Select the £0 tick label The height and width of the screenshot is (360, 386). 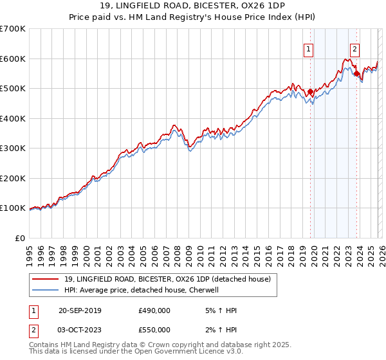click(x=21, y=238)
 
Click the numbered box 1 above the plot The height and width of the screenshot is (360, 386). click(x=309, y=49)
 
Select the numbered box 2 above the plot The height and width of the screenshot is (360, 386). click(x=354, y=49)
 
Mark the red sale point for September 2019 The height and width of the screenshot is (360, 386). click(x=310, y=92)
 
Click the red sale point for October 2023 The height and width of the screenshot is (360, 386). click(x=356, y=74)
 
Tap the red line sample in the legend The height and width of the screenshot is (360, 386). click(x=46, y=279)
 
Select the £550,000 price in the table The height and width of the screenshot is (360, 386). click(x=154, y=330)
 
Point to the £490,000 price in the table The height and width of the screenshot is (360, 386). click(x=154, y=310)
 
